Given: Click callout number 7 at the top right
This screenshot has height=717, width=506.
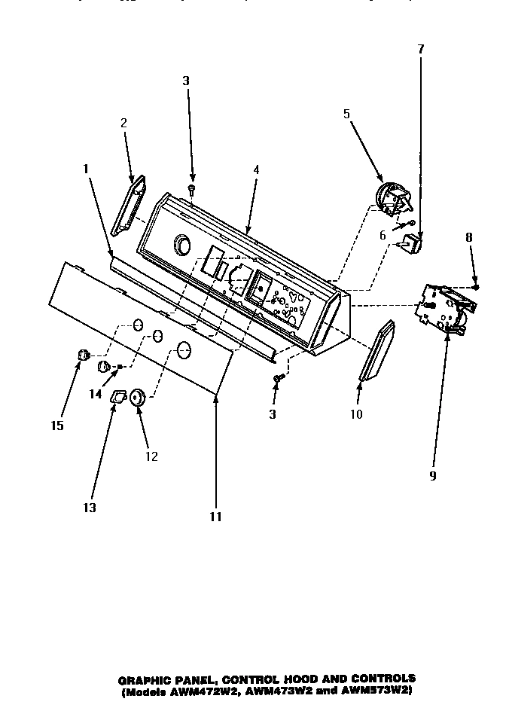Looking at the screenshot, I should coord(420,49).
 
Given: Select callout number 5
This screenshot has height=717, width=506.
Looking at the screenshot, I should coord(346,114).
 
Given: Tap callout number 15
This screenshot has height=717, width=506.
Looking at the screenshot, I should coord(57,426).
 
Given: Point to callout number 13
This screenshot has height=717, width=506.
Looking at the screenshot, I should coord(90,508).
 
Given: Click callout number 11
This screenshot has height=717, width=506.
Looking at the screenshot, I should coord(216,517).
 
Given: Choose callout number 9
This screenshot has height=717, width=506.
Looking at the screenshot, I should coord(432,476).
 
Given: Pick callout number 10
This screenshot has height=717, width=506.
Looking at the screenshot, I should coord(356,413).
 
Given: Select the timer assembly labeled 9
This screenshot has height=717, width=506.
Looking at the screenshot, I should coord(447,309).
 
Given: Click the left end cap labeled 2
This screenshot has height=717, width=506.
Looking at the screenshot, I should coord(127,205).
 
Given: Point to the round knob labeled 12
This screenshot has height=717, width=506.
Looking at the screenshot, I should coord(137,398).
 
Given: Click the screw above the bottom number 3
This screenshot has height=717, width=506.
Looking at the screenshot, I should coord(279,379).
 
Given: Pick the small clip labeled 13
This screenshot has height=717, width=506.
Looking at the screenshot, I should coord(118,396).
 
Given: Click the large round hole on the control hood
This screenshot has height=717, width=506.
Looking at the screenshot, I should coord(182,246).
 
